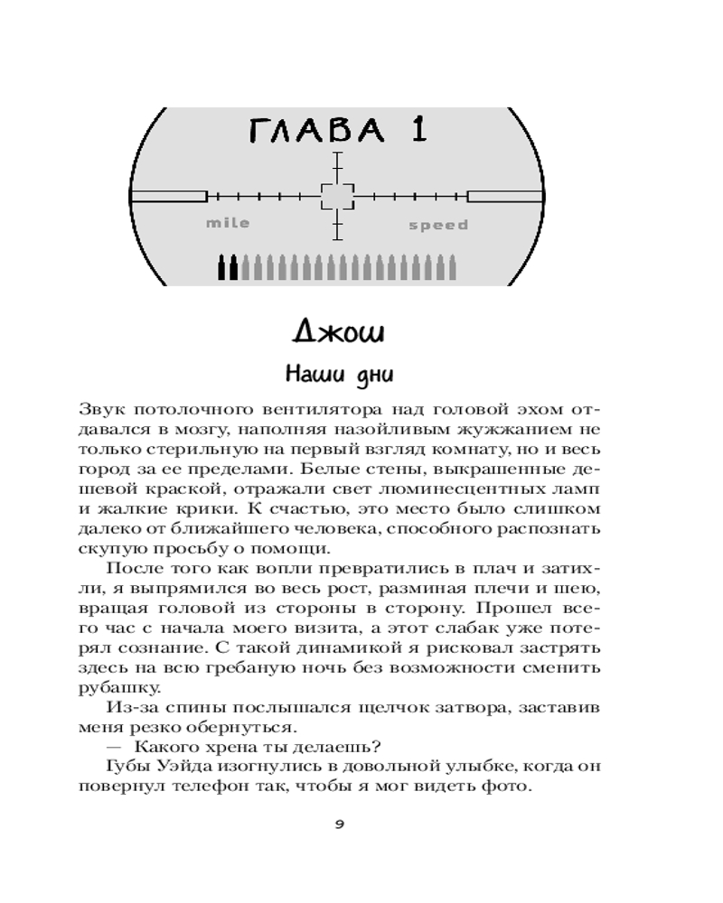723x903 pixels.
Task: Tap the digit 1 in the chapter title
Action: click(x=417, y=131)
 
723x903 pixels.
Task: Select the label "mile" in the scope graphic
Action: click(x=227, y=223)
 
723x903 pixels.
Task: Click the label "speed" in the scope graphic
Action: click(x=438, y=225)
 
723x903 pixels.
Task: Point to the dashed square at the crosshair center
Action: click(x=337, y=196)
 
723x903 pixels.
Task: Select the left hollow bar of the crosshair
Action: click(x=169, y=196)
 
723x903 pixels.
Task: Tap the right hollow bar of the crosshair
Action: click(x=505, y=196)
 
